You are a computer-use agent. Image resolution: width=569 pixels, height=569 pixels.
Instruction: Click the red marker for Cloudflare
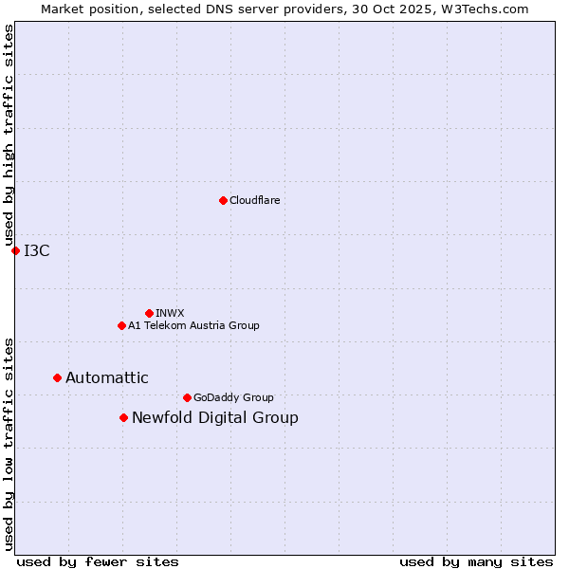coord(223,200)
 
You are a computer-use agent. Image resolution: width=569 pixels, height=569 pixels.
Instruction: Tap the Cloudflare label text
coord(255,200)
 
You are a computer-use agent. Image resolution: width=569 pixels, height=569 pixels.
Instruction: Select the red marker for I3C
coord(15,250)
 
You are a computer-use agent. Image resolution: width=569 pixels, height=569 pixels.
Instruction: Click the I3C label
coord(37,250)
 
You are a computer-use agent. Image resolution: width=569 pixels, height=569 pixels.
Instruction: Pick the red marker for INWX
coord(149,313)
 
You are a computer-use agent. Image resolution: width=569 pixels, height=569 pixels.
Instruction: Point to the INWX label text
coord(170,313)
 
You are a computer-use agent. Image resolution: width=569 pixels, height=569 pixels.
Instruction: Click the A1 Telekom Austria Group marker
coord(121,325)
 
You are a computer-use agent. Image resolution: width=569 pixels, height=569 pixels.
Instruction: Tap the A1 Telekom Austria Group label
coord(193,325)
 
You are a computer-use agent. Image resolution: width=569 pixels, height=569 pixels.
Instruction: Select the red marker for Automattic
coord(57,377)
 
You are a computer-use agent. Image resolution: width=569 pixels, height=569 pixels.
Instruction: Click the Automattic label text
coord(107,377)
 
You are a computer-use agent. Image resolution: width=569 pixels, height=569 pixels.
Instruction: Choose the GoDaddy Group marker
coord(187,397)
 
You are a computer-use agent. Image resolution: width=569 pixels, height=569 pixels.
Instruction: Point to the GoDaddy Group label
coord(233,397)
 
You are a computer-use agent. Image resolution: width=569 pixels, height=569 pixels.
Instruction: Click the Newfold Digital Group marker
coord(123,417)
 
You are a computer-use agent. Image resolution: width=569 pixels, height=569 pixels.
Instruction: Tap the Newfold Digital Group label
coord(215,417)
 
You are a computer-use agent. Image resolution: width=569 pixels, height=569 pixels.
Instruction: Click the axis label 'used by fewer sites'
coord(98,561)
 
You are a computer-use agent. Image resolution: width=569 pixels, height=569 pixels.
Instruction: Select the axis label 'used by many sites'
coord(476,561)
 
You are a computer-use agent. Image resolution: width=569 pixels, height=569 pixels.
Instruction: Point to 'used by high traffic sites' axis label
coord(9,136)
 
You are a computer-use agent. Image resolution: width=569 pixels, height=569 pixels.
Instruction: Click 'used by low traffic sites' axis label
coord(9,443)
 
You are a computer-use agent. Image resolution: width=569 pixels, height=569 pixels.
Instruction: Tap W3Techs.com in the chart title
coord(487,9)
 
